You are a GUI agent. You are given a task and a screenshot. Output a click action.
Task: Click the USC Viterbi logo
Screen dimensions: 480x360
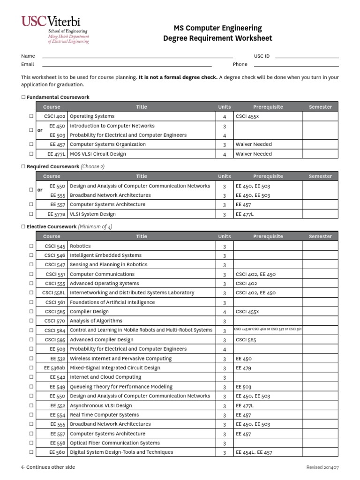tap(55, 29)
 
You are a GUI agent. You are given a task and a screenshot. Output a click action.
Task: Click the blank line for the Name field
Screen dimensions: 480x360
tap(137, 56)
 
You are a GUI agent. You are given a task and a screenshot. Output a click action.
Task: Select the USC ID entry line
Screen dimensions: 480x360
tap(307, 56)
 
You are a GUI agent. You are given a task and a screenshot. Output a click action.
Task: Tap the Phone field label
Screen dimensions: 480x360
tap(240, 65)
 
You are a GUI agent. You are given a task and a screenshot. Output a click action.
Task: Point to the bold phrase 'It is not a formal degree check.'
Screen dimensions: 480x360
tap(178, 77)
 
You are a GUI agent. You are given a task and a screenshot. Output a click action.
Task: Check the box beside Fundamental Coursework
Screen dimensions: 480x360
tap(23, 97)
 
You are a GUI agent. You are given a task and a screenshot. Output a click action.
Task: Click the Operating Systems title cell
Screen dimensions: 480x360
tap(92, 116)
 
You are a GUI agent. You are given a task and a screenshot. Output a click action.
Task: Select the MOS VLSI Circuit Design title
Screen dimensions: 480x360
tap(97, 154)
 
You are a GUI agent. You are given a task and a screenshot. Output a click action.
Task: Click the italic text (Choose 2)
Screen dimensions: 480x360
tap(93, 166)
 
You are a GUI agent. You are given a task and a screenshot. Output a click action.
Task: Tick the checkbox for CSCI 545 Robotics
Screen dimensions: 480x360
tap(31, 246)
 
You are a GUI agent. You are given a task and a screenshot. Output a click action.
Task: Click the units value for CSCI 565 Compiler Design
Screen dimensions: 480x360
tap(225, 312)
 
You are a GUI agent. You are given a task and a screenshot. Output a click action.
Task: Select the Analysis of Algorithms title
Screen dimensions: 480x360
tap(96, 321)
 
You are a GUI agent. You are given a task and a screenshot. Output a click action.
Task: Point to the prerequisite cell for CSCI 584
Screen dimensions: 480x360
tap(268, 330)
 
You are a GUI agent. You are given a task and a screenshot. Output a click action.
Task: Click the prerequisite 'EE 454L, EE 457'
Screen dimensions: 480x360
tap(254, 453)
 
